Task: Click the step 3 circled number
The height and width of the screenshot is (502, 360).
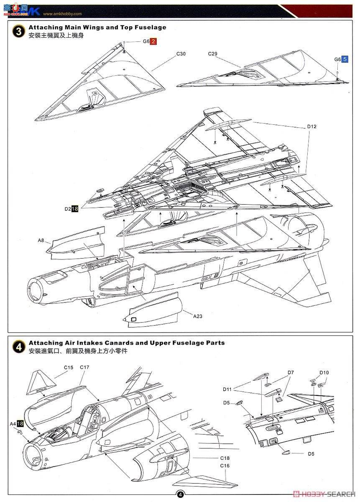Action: click(18, 31)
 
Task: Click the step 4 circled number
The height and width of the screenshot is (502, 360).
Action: click(18, 346)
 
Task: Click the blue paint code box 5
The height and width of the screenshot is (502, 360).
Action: click(345, 59)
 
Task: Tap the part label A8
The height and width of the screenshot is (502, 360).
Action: click(41, 241)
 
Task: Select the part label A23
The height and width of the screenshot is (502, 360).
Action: click(197, 316)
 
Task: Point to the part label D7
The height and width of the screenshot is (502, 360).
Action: click(291, 372)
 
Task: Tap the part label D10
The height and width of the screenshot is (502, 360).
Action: click(324, 372)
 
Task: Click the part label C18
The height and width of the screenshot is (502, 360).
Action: click(225, 458)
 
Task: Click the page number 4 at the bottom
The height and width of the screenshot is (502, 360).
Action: click(180, 494)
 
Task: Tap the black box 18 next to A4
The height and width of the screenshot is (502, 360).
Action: click(20, 423)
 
